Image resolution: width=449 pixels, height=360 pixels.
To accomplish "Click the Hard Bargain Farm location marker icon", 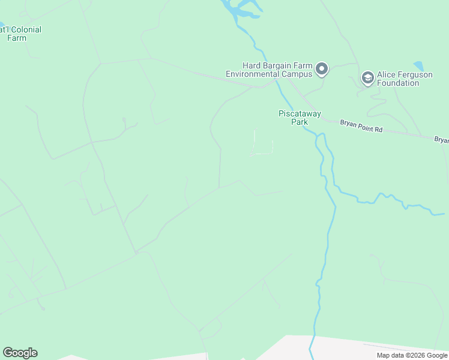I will click(322, 69).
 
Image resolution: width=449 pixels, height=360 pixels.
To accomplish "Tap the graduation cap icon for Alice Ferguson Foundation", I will click(367, 77).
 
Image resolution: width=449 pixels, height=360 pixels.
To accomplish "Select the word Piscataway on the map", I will click(300, 113).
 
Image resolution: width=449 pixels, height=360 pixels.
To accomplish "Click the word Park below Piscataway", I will click(300, 122).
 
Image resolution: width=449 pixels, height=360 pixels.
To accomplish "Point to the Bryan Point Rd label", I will click(361, 122).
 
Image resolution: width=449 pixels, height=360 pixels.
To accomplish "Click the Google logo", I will click(20, 353).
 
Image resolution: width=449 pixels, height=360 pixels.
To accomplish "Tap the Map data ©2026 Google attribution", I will click(411, 355).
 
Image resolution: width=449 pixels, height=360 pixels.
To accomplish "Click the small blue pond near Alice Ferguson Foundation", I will click(419, 66).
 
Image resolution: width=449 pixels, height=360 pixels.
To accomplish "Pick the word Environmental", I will click(251, 74).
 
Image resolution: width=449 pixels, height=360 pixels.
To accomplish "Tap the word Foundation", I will click(398, 83).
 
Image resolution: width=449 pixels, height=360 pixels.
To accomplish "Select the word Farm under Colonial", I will click(17, 38).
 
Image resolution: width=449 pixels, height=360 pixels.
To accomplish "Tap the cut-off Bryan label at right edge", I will click(441, 140).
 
